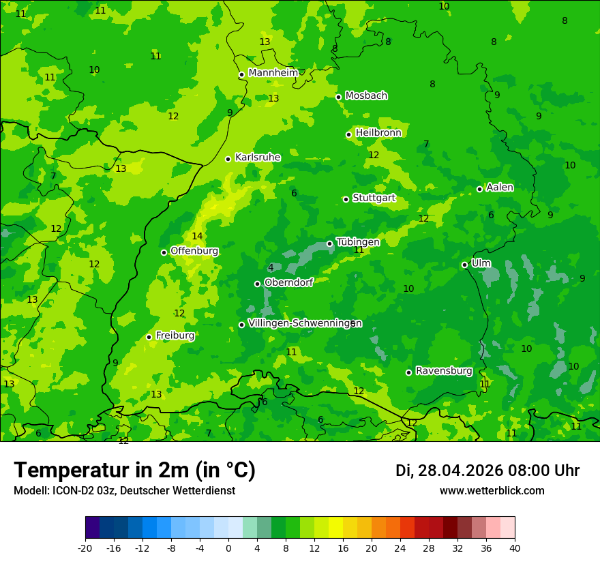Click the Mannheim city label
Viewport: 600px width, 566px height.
(273, 73)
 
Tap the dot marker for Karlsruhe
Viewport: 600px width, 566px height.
(228, 159)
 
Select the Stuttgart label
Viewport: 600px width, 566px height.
(374, 198)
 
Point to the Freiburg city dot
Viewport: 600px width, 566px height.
(149, 337)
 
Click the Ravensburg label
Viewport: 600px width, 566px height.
(444, 371)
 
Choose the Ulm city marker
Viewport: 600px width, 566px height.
(464, 265)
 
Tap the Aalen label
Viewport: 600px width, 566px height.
(500, 188)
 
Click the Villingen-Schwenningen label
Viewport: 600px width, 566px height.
(305, 323)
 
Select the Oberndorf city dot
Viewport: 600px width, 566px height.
(257, 284)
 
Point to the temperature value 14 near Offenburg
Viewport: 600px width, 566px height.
(197, 236)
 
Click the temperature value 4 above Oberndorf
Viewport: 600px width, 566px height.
(271, 267)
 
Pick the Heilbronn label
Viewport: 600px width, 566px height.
(378, 133)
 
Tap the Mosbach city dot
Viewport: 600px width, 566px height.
(338, 97)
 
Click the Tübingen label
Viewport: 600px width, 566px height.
(358, 242)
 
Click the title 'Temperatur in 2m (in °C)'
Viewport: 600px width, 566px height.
(134, 471)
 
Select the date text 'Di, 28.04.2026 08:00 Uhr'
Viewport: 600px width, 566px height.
(487, 471)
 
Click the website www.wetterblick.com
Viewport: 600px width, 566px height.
(492, 491)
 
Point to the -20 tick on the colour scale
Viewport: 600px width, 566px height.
(85, 548)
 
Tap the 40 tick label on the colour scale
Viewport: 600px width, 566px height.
(515, 548)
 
